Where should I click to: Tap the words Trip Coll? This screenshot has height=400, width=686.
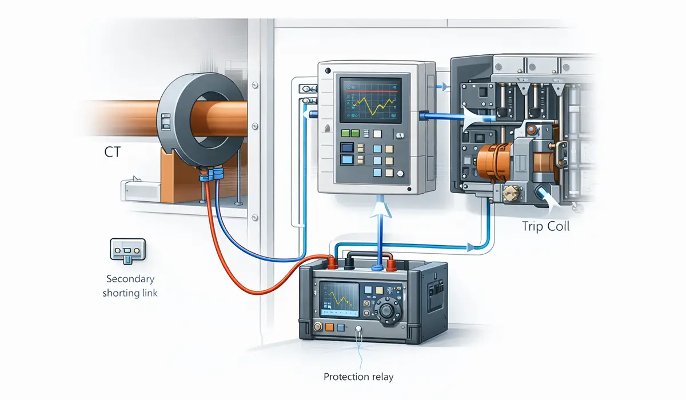point(545,226)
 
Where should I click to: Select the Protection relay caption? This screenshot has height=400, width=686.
point(359,377)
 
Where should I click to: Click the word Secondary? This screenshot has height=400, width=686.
point(130,279)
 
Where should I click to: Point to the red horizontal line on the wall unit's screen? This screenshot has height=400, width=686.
point(368,91)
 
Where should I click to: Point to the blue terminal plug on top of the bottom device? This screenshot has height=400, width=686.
point(377,267)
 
